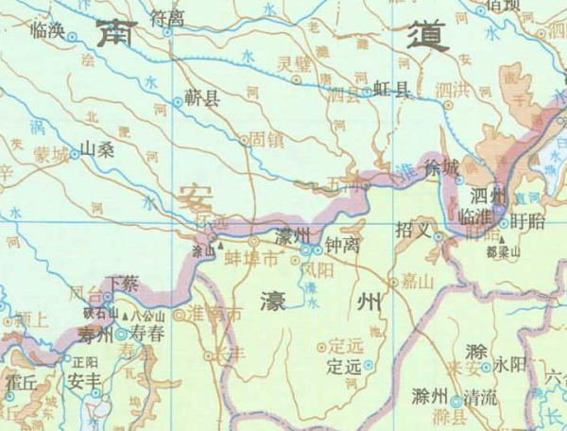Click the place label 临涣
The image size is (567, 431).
pyautogui.click(x=47, y=31)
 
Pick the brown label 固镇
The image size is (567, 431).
pyautogui.click(x=266, y=138)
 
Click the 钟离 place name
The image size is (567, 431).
pyautogui.click(x=341, y=243)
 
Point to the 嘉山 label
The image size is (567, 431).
pyautogui.click(x=416, y=280)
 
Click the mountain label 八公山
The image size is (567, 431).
pyautogui.click(x=148, y=317)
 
